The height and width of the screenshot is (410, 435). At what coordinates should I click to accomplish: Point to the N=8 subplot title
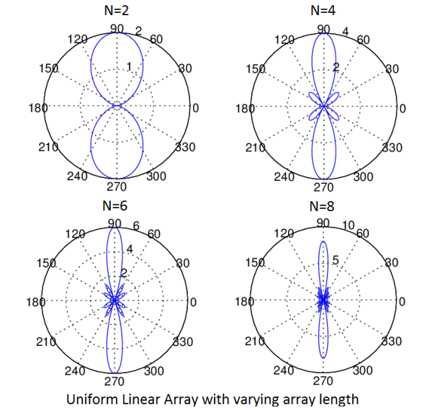(324, 205)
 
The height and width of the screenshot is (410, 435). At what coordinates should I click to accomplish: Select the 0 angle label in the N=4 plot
(402, 108)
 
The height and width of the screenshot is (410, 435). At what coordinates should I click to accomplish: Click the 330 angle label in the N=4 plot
(392, 148)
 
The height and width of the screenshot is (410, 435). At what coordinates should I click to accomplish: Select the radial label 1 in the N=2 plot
(128, 67)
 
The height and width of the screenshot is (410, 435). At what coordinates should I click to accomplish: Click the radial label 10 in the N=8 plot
(349, 226)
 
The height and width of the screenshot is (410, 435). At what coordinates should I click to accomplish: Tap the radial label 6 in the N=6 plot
(135, 226)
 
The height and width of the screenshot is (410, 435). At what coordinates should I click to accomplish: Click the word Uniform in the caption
(91, 398)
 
